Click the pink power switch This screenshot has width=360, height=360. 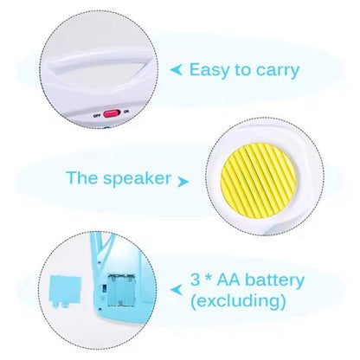coord(112,113)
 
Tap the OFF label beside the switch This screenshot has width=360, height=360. coord(97,116)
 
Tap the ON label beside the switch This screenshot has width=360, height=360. coord(125,112)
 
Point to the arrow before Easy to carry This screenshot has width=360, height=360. coord(177,70)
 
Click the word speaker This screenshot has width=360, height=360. coord(138,178)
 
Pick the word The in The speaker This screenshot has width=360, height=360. coord(82,177)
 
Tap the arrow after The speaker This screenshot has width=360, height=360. coord(183,182)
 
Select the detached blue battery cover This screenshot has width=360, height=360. coord(65,290)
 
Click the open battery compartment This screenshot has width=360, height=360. coord(121,290)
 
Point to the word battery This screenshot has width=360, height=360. coord(274,280)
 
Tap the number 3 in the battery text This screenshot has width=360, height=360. coord(196,280)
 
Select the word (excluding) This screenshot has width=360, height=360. coord(238,301)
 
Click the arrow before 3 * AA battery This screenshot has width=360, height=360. coord(177,289)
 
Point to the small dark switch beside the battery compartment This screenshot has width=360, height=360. coord(105,288)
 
